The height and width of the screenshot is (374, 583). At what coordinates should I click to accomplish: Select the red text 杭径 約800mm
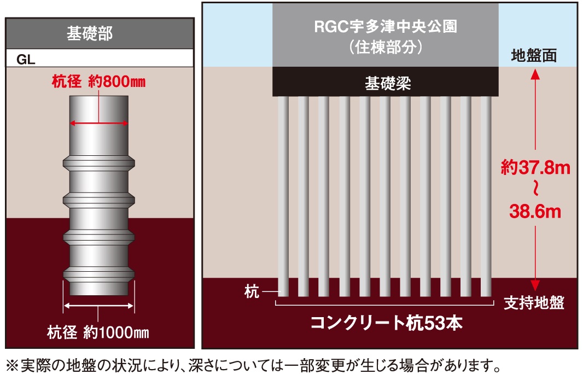pos(98,82)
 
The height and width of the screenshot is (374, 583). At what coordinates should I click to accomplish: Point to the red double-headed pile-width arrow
pos(99,124)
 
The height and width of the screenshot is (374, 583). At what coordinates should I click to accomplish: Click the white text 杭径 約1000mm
pos(98,332)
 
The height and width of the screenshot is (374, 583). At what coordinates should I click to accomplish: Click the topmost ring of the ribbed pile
pos(99,163)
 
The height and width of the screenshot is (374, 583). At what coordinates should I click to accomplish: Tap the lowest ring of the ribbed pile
pos(99,273)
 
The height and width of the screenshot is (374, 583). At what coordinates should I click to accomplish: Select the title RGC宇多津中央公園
pos(386,27)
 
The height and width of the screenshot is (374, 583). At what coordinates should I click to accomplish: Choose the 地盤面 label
pos(534,56)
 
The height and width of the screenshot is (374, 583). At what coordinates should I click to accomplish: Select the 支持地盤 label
pos(534,301)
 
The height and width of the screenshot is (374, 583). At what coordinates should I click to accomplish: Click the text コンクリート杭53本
pos(386,323)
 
